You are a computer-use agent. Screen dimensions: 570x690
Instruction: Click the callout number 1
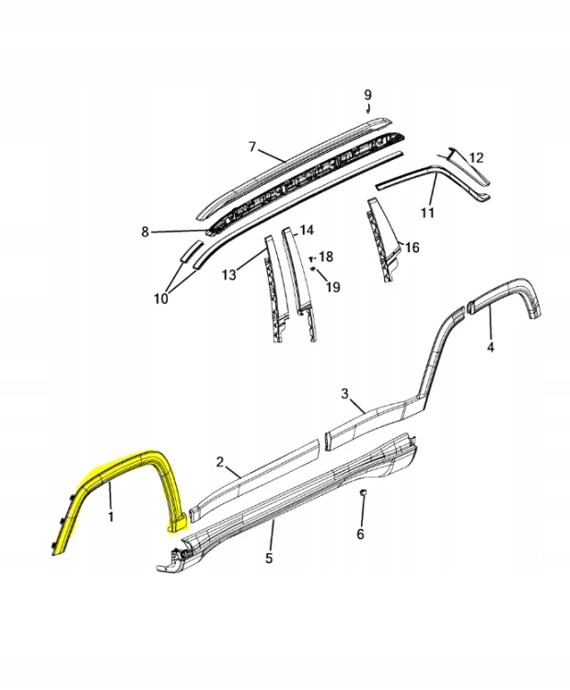111,516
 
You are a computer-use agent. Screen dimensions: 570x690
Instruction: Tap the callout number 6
360,535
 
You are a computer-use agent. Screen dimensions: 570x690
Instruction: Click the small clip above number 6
364,492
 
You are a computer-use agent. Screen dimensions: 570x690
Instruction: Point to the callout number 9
367,95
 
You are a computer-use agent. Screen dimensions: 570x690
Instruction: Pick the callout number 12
477,157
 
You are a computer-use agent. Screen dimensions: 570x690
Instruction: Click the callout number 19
333,287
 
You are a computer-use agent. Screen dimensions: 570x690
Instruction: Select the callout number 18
326,257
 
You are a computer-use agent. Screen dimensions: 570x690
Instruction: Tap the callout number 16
412,247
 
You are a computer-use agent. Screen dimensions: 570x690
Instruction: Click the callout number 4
490,347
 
